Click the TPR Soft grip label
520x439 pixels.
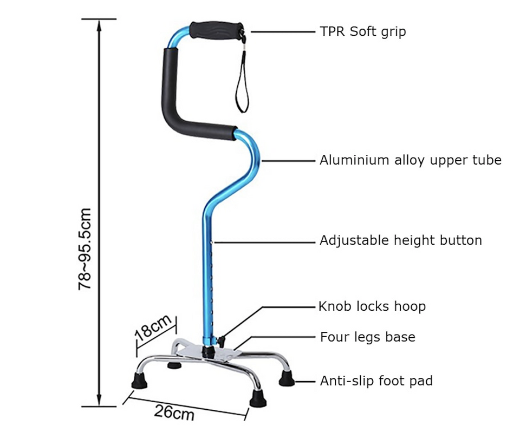point(362,31)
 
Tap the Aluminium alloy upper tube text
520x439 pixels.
point(410,160)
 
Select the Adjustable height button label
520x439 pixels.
point(400,240)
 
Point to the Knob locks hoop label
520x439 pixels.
point(372,306)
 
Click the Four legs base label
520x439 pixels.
point(367,337)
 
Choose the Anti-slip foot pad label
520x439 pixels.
point(376,381)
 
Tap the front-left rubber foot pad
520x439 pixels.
point(140,382)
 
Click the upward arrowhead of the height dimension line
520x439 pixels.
point(99,24)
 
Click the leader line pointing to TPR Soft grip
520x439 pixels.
point(282,31)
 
